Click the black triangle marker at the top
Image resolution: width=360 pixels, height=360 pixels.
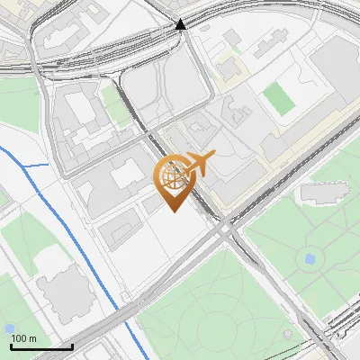[x=181, y=24]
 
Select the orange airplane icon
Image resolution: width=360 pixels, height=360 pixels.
[x=199, y=162]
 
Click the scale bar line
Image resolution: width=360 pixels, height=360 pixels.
[x=41, y=346]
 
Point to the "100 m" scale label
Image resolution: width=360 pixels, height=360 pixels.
[x=24, y=338]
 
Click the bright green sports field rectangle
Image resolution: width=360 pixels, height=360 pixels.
[x=279, y=97]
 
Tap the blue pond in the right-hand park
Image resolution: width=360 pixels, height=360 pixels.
[x=310, y=258]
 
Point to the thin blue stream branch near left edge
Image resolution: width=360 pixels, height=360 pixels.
[x=34, y=166]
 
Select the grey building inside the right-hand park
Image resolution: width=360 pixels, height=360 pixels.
[x=324, y=192]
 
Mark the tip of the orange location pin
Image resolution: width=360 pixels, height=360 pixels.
[x=173, y=211]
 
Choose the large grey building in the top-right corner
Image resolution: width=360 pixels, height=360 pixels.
[x=333, y=72]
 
